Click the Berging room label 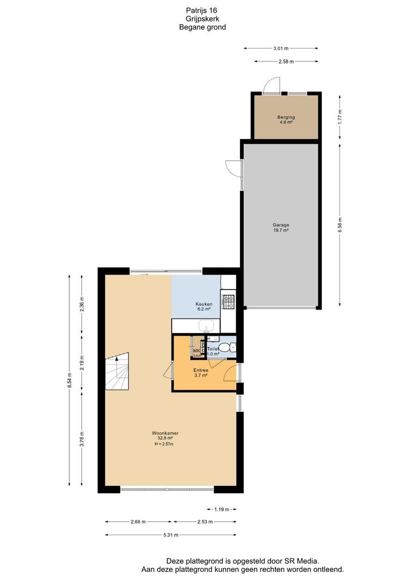286,117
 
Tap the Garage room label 280,225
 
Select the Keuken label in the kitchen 203,304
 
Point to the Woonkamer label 165,433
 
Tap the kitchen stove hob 228,302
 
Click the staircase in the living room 118,372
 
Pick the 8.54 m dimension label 69,382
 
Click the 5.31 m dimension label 171,535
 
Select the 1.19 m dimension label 221,509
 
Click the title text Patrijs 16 202,10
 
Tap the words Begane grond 202,27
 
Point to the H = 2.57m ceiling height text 164,444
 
